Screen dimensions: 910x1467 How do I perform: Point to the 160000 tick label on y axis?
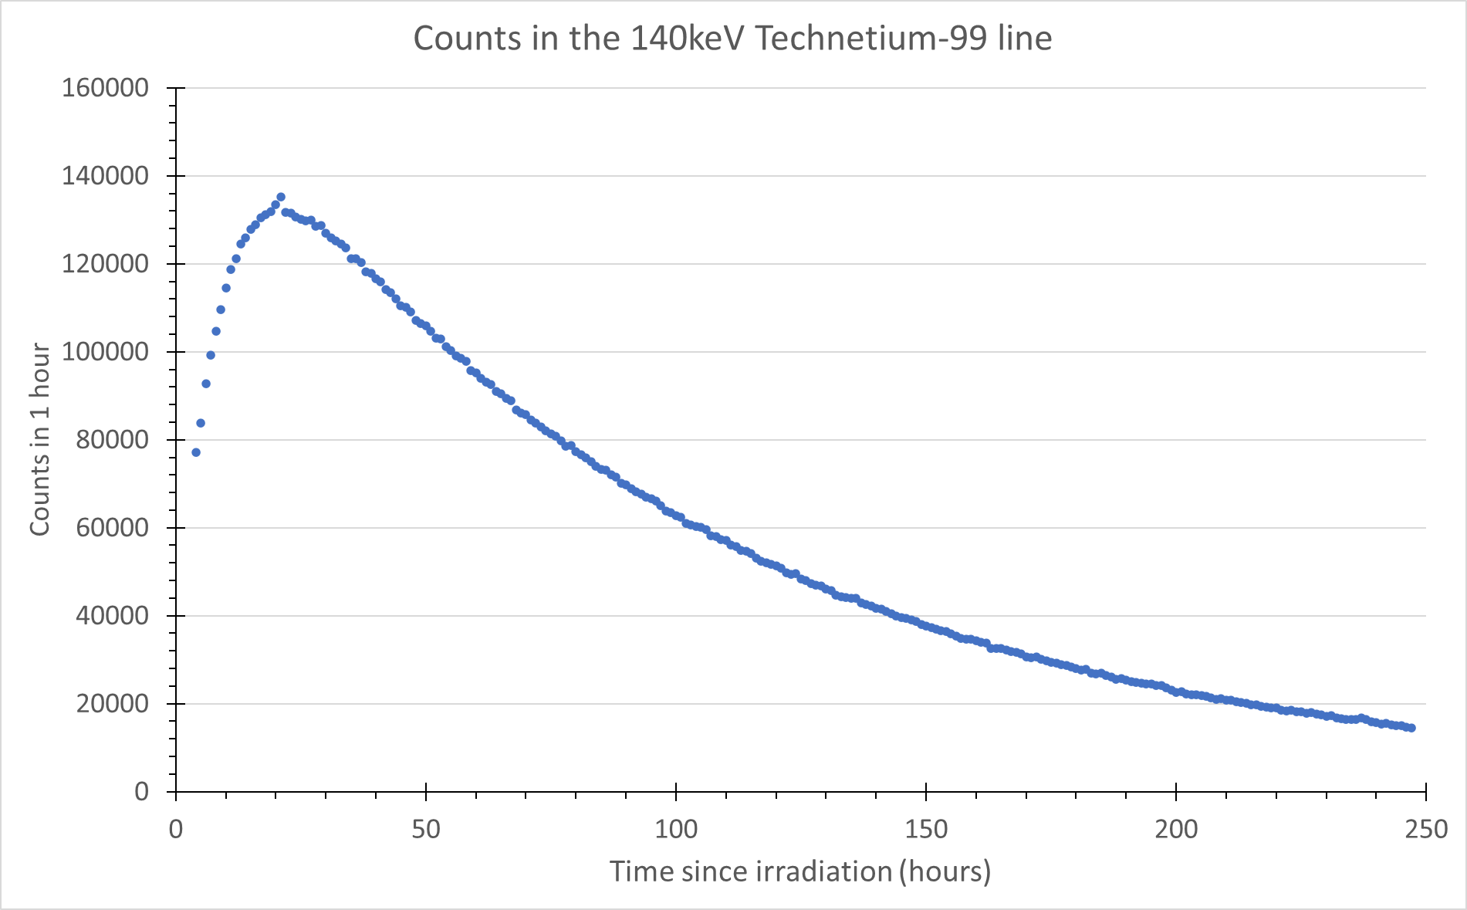[105, 88]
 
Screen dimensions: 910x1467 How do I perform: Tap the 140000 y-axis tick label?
[105, 176]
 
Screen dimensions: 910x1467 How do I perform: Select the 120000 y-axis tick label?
[105, 264]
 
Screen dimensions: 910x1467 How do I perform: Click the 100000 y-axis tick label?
[105, 352]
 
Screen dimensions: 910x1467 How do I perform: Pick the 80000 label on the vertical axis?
[113, 440]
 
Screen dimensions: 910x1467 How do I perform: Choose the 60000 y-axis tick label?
[113, 528]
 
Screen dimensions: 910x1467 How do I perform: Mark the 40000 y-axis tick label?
[113, 616]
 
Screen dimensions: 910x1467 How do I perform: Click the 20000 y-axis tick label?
[113, 704]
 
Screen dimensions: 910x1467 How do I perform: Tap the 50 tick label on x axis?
[426, 830]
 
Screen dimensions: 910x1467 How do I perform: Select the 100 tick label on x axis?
[676, 830]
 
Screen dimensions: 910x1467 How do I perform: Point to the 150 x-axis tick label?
[926, 830]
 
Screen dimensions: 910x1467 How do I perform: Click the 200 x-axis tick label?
[1176, 830]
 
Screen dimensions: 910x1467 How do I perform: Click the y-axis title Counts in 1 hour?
[40, 440]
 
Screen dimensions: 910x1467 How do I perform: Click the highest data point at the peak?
[281, 197]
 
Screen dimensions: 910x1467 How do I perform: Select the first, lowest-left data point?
[196, 452]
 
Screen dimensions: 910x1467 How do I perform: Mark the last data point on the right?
[1411, 728]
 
